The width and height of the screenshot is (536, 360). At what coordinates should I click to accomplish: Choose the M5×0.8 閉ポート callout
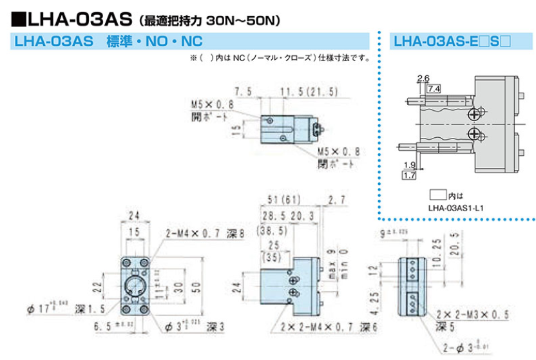(338, 158)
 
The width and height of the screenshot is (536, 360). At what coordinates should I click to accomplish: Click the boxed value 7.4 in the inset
(433, 88)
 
